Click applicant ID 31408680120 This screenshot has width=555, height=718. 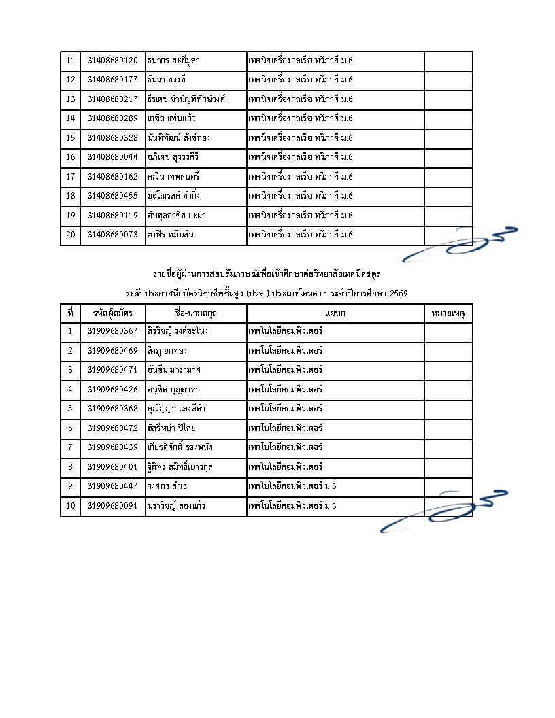pos(112,61)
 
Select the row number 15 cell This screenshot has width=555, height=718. pos(70,138)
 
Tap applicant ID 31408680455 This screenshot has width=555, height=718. pos(112,196)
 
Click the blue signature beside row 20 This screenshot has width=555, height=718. pos(459,245)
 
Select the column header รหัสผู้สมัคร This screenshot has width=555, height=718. pos(112,313)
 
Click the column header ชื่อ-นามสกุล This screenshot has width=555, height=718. pos(196,313)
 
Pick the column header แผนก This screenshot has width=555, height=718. pos(335,313)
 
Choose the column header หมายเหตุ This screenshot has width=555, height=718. pos(448,313)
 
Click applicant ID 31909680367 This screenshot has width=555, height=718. pos(112,331)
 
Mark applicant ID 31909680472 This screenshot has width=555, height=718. pos(112,428)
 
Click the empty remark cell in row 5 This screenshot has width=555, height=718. pos(448,409)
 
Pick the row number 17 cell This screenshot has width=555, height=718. pos(70,177)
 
